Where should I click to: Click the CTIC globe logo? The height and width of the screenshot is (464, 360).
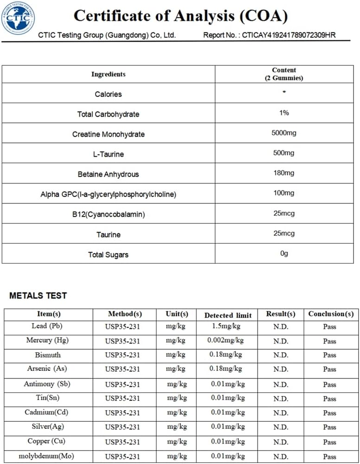(18, 19)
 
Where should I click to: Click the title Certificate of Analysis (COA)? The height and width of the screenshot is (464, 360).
(181, 16)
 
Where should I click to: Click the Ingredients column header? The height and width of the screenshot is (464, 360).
(108, 74)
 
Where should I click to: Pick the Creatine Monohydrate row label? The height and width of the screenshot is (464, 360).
(108, 134)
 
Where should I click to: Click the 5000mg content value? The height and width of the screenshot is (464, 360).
(284, 133)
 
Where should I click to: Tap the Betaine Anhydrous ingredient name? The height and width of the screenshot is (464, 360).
(108, 174)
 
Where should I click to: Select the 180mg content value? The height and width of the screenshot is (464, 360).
(284, 173)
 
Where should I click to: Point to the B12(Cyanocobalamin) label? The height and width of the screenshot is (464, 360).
(108, 215)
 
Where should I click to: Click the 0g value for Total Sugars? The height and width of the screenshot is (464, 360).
(284, 254)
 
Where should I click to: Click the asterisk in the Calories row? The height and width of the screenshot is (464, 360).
(284, 93)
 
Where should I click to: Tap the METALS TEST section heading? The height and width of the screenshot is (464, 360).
(38, 296)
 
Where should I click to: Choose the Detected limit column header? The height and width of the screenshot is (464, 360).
(228, 315)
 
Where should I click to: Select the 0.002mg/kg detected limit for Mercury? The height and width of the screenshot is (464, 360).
(225, 341)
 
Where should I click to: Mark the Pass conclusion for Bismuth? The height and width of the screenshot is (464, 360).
(329, 355)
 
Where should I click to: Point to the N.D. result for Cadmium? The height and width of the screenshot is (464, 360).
(280, 413)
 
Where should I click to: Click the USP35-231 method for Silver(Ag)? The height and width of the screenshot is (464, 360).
(122, 427)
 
